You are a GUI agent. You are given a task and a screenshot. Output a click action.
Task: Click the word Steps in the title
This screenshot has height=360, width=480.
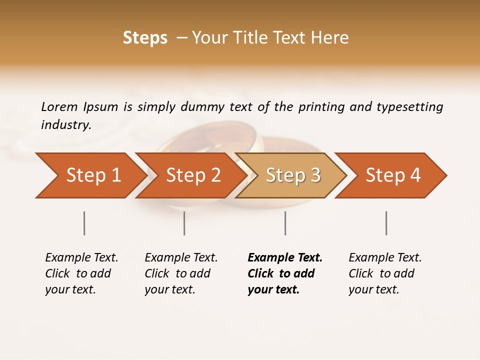click(x=145, y=38)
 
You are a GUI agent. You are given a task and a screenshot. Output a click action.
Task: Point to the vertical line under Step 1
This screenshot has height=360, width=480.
click(x=84, y=223)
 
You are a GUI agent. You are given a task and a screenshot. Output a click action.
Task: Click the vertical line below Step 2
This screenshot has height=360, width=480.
click(x=184, y=223)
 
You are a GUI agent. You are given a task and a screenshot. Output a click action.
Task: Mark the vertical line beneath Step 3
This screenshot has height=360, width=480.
click(x=285, y=223)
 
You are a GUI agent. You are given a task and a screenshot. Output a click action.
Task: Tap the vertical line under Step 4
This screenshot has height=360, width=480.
click(x=386, y=223)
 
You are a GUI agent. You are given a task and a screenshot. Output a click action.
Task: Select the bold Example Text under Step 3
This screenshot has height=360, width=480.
click(x=284, y=273)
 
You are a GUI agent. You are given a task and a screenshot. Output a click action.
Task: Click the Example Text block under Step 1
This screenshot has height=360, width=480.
click(x=81, y=273)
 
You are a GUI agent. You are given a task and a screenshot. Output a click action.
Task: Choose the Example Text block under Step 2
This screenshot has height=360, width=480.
click(x=181, y=273)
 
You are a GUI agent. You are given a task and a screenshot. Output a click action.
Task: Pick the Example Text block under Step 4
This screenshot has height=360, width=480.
click(x=385, y=273)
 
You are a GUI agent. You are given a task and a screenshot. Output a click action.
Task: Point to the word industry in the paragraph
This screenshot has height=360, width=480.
click(x=66, y=125)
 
